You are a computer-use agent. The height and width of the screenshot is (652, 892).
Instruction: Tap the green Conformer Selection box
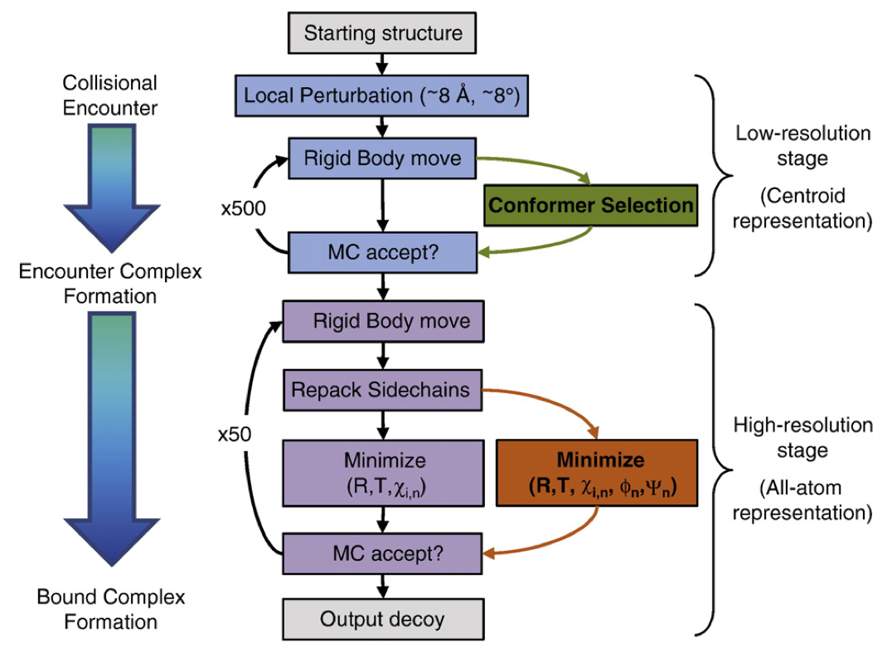[590, 205]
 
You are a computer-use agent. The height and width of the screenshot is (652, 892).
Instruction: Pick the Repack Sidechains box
[382, 389]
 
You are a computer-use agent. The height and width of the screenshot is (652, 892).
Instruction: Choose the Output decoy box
[382, 619]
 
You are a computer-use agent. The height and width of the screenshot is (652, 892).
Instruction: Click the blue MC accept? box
[382, 251]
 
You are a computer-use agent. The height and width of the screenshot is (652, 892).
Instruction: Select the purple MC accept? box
[382, 553]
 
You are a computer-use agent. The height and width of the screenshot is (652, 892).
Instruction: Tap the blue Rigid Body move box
[382, 158]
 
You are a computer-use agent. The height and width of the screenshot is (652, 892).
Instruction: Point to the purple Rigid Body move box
[382, 321]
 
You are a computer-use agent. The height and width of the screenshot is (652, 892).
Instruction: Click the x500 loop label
[243, 208]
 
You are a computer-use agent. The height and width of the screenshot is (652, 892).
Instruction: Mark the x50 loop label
[235, 433]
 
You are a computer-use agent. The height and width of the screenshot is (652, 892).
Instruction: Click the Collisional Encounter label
[109, 95]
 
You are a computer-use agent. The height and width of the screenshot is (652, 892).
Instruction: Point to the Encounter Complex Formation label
[109, 283]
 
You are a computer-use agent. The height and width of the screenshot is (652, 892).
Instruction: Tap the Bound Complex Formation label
[109, 609]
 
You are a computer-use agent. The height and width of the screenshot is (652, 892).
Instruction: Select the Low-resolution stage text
[803, 144]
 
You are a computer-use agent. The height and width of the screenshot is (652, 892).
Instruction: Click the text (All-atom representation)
[803, 501]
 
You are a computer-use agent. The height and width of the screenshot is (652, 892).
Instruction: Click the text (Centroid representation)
[803, 209]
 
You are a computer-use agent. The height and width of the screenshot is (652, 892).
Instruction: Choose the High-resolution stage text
[803, 438]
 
